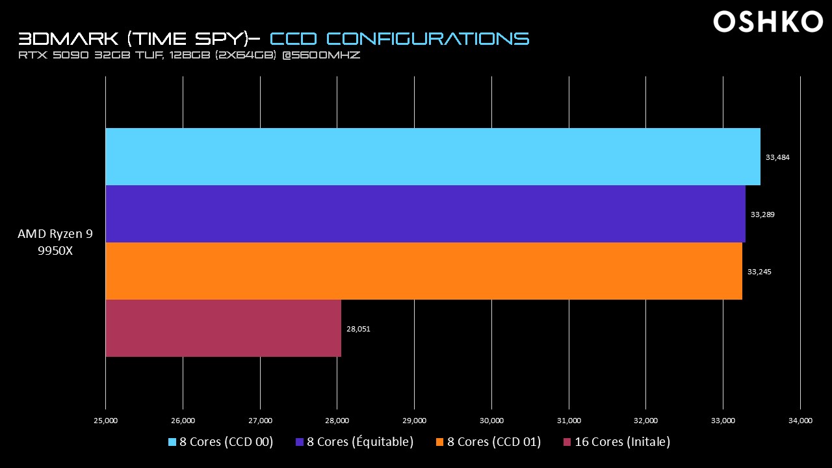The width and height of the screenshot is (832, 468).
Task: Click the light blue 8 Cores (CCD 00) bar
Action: [x=433, y=157]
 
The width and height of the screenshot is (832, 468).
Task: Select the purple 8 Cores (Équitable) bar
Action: [x=425, y=214]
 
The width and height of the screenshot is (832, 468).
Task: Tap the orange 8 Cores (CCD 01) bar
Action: [x=424, y=271]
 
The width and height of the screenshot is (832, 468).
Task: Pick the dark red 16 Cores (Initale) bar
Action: [x=223, y=328]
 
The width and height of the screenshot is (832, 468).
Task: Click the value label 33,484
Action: [x=777, y=157]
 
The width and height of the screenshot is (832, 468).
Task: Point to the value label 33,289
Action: [x=762, y=214]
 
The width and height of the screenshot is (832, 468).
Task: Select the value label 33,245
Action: [x=759, y=272]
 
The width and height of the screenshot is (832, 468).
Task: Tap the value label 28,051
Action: [x=358, y=329]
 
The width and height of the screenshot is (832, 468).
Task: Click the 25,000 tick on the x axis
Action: [x=105, y=421]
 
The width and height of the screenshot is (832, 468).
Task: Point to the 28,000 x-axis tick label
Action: [x=337, y=421]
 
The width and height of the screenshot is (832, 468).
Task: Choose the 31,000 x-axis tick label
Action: [x=569, y=421]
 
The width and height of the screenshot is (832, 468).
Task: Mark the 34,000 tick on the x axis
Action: [x=800, y=421]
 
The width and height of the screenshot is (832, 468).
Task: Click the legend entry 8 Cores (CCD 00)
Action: [x=221, y=442]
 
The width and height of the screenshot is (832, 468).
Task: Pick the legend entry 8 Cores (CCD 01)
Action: [x=488, y=442]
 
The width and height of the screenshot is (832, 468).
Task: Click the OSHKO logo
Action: [x=768, y=22]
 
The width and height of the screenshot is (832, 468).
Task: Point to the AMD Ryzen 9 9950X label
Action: [x=55, y=242]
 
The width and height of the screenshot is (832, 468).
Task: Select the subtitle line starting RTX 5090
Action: [x=189, y=56]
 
